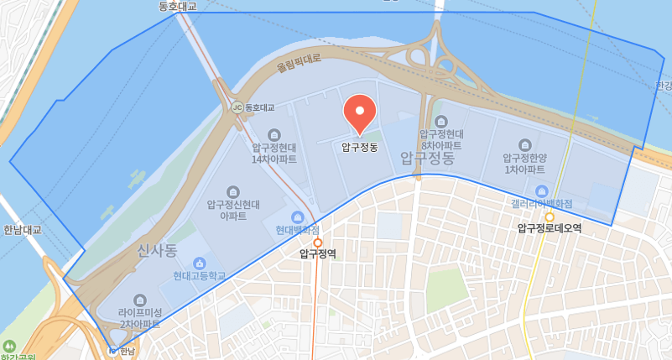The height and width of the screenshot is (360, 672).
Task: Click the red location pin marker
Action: point(360,113)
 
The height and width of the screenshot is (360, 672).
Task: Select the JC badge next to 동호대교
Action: point(237,107)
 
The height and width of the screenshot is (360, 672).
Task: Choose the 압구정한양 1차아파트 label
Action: point(525,164)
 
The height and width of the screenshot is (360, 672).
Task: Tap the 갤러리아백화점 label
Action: point(541,203)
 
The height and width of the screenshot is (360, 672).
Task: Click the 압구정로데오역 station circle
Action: point(550,217)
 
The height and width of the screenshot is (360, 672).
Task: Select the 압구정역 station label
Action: point(318,253)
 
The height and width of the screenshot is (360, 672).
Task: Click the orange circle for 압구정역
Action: point(318,243)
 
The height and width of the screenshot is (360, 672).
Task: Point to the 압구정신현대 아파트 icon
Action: point(233,191)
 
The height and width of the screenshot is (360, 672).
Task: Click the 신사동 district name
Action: point(158,250)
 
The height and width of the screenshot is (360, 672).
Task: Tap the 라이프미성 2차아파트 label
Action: point(139,318)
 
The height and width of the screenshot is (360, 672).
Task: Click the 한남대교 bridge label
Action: point(22,230)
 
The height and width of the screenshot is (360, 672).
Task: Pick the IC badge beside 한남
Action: point(113,351)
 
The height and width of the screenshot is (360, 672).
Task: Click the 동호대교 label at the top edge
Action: point(177,6)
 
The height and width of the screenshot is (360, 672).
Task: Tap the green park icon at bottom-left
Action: point(9,346)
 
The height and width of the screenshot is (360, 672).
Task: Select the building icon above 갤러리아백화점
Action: point(541,190)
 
